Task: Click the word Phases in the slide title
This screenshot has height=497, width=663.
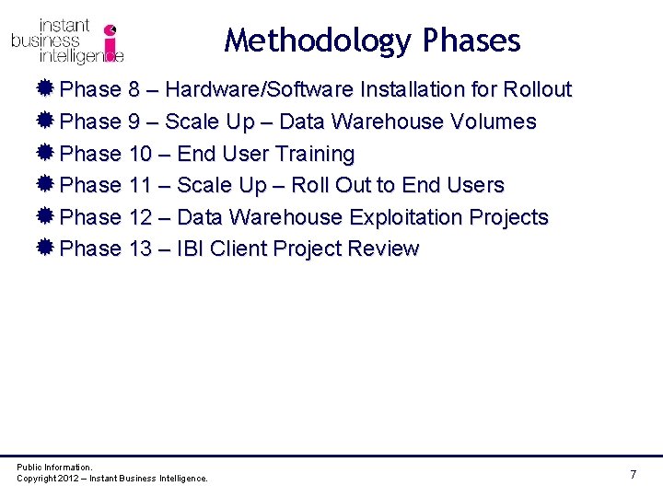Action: [x=471, y=41]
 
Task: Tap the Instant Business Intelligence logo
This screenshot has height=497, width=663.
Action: [x=67, y=41]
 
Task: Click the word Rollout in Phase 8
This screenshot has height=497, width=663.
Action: [x=538, y=89]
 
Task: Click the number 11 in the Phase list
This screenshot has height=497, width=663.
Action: [x=140, y=185]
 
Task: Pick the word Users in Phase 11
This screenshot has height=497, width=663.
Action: [x=475, y=185]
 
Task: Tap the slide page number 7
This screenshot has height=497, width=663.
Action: [x=633, y=474]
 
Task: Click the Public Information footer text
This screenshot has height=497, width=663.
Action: [x=54, y=468]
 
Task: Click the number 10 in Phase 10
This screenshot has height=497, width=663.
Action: [x=140, y=154]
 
